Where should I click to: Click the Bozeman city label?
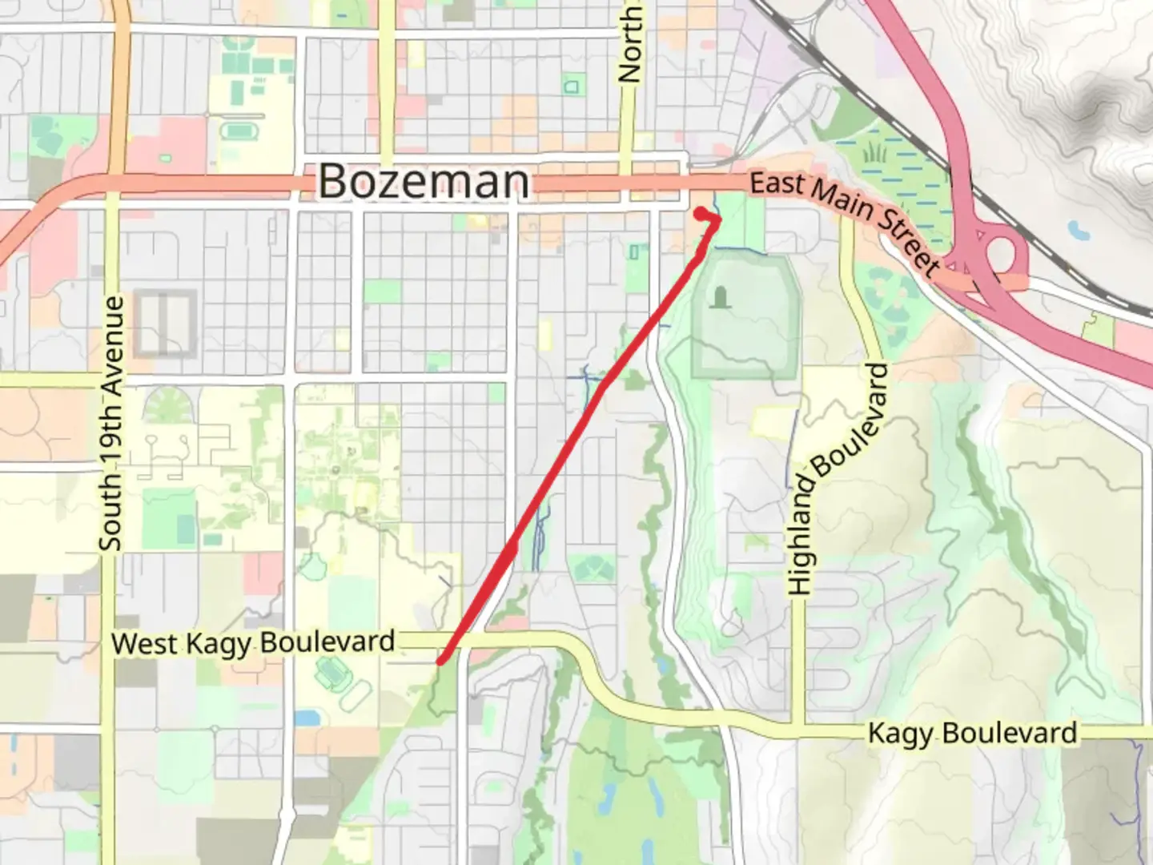(x=424, y=181)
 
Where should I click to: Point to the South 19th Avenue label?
(x=112, y=423)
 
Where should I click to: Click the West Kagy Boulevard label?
(x=253, y=642)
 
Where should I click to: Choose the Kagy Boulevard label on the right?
(x=972, y=733)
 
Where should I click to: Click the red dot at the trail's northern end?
(x=701, y=213)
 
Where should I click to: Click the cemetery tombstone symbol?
(x=721, y=298)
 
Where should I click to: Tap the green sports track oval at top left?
(x=235, y=129)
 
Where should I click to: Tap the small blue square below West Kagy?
(x=306, y=717)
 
